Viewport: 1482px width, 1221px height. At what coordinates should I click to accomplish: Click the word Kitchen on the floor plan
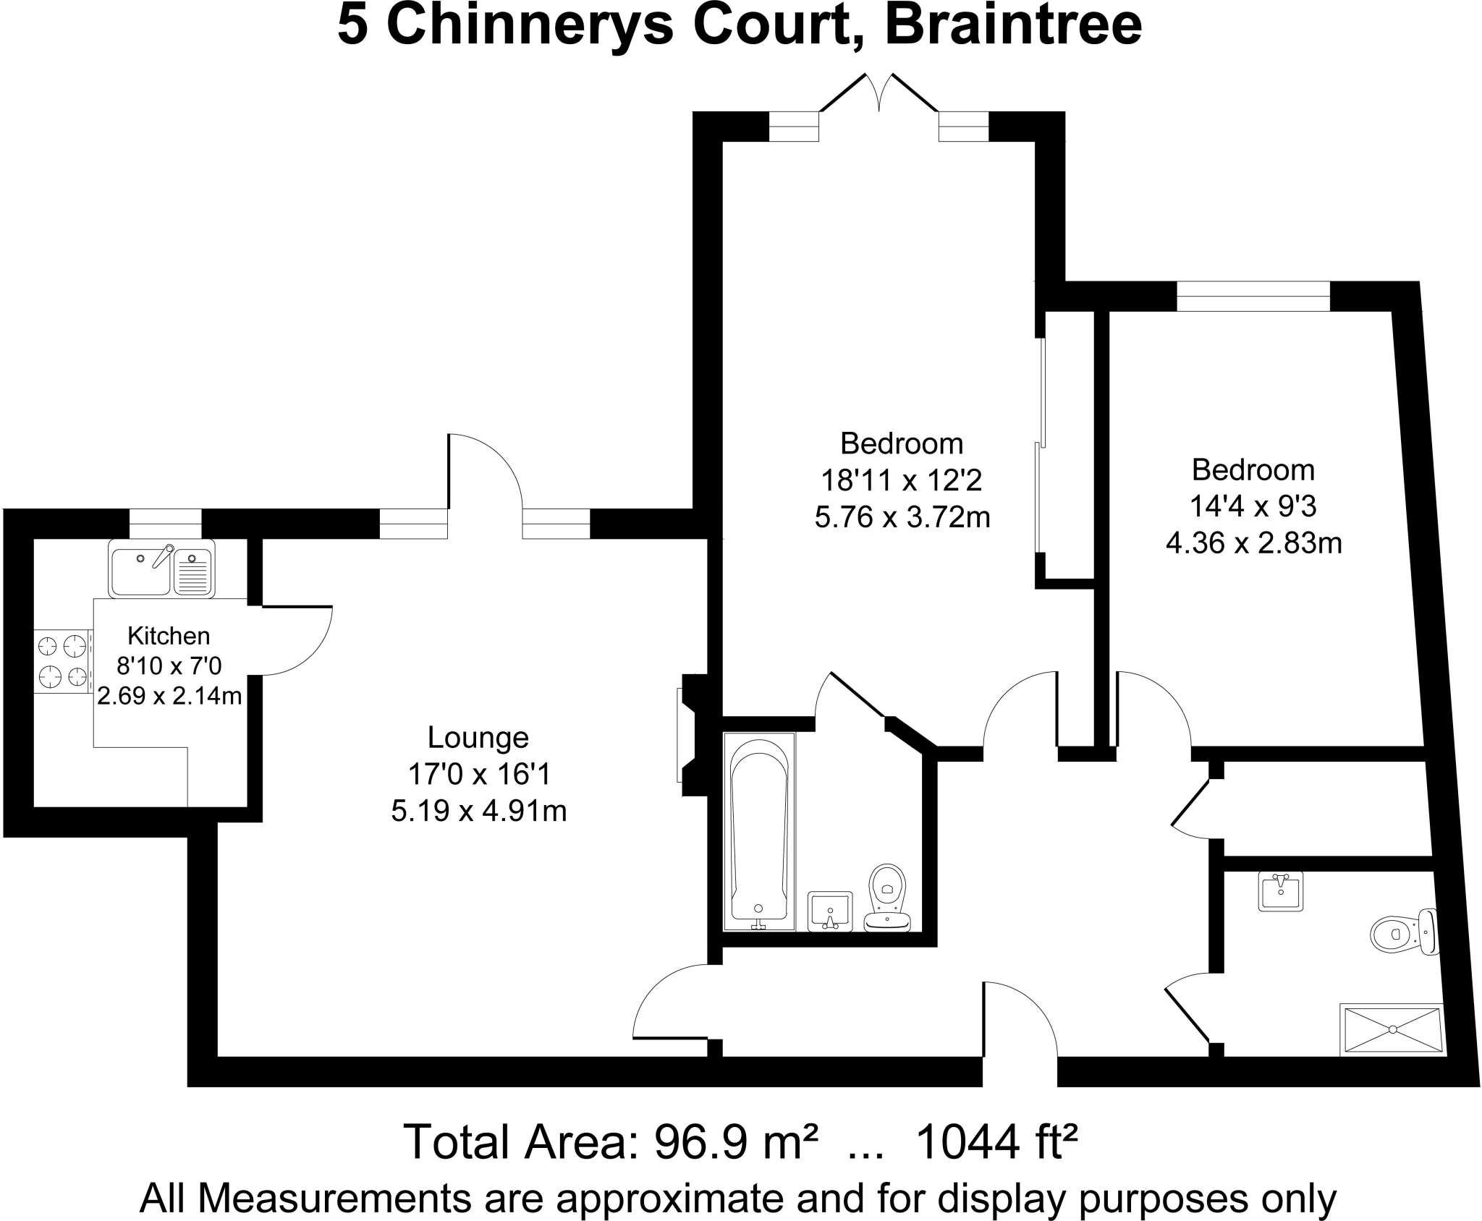click(169, 636)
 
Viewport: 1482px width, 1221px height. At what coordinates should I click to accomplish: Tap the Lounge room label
click(478, 737)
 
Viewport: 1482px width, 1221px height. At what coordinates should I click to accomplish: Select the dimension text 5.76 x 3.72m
click(902, 517)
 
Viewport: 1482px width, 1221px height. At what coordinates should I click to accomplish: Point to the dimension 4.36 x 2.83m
click(1253, 543)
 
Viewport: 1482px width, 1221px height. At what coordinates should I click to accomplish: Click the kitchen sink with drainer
click(161, 569)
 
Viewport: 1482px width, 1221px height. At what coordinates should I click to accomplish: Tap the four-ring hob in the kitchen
click(62, 661)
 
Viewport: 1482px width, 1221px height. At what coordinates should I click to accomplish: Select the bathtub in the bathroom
click(759, 831)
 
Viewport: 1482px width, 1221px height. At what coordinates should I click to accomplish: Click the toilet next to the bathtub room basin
click(888, 896)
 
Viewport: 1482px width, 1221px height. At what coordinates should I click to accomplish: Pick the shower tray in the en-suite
click(1392, 1029)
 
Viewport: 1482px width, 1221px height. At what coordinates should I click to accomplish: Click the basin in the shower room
click(1280, 891)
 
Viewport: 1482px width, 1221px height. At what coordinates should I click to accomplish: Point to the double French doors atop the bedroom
click(879, 98)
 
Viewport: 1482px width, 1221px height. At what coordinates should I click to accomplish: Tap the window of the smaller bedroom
click(1253, 297)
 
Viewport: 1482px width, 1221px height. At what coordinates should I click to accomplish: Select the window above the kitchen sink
click(165, 524)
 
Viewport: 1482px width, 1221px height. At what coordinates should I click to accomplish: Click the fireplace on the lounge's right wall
click(688, 735)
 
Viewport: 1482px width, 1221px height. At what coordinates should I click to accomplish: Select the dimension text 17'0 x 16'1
click(479, 774)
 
